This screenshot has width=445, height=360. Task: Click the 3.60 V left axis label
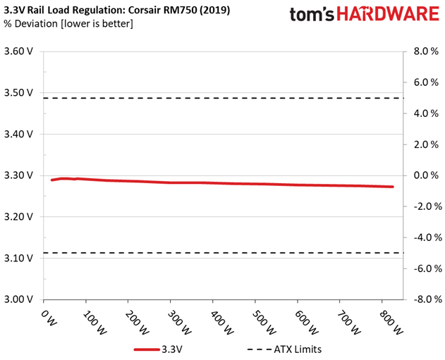(x=19, y=51)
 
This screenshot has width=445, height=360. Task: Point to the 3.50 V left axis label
(x=19, y=93)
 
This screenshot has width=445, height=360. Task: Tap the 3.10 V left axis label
(x=19, y=258)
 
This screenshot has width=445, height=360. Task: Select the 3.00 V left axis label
(x=19, y=299)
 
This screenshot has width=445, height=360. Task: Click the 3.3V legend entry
(x=176, y=348)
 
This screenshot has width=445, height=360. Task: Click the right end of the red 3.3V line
(x=392, y=187)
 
